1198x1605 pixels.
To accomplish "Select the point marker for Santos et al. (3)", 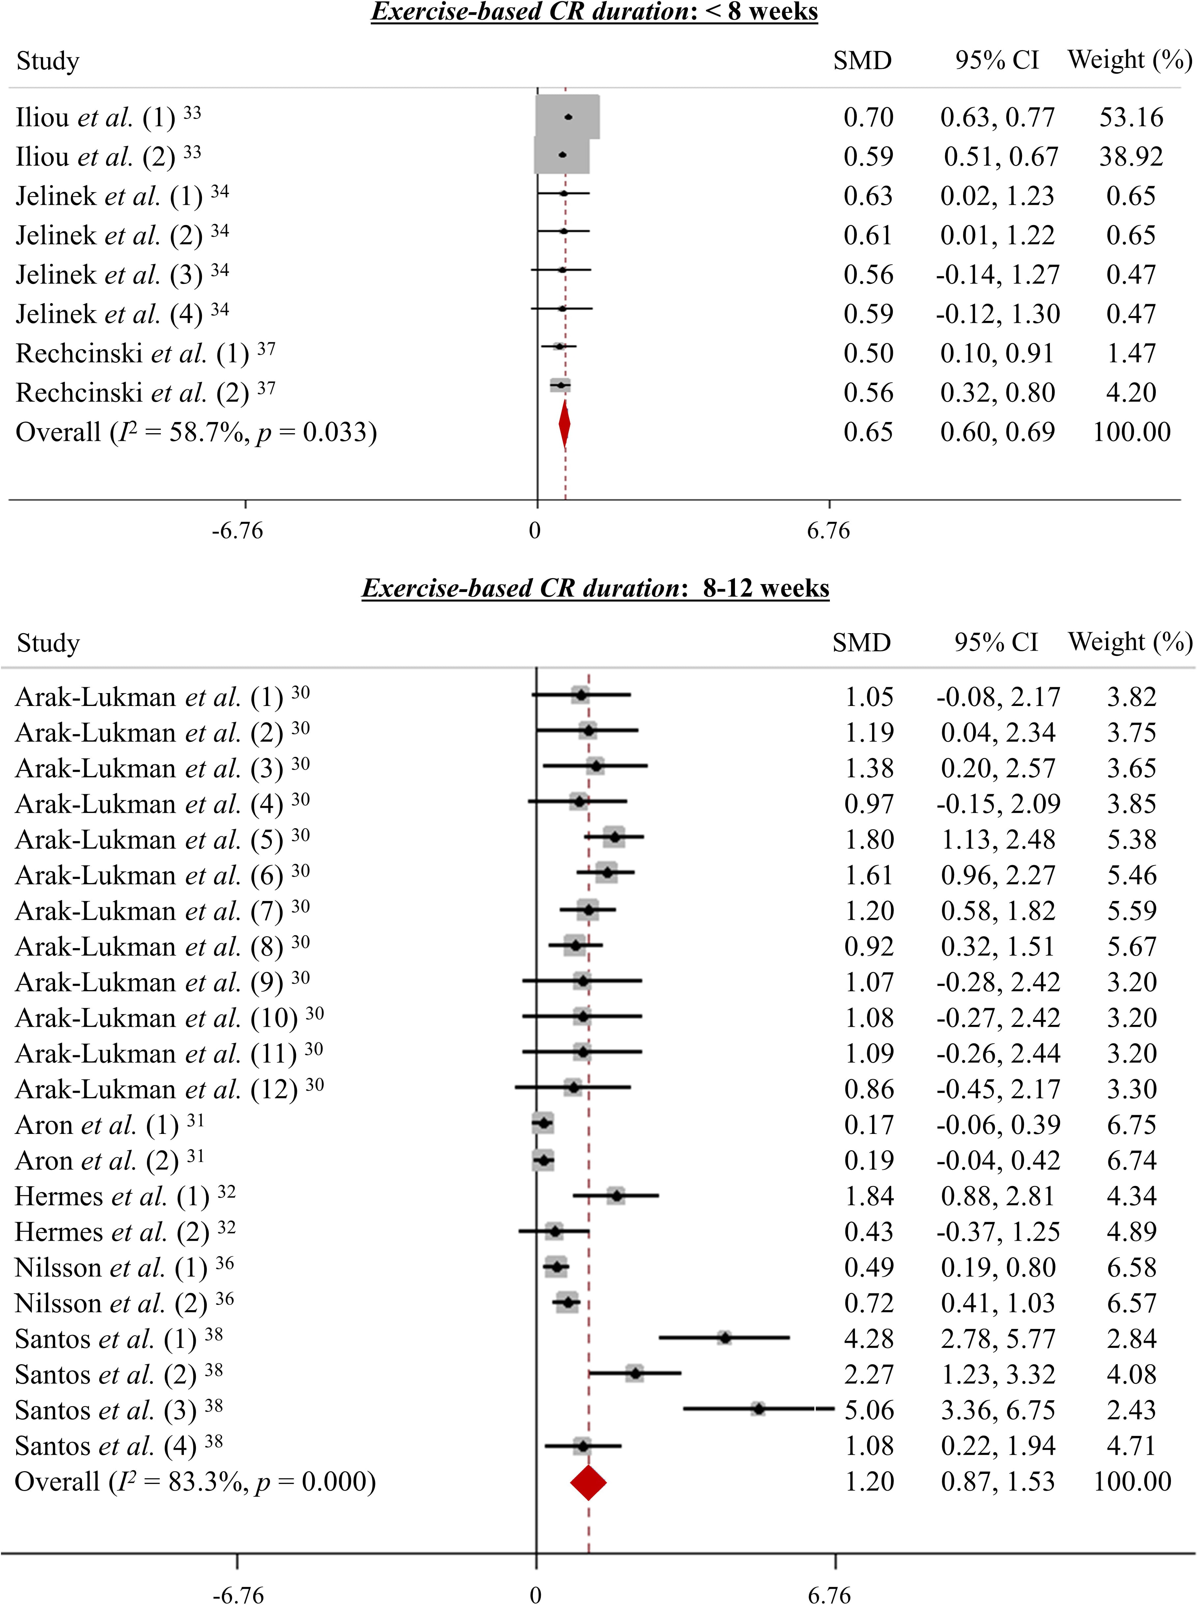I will coord(758,1409).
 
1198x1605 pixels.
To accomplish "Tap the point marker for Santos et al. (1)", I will coord(724,1337).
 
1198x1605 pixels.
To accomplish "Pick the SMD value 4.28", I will coord(869,1338).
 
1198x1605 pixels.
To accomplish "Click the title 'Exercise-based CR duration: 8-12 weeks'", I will coord(595,587).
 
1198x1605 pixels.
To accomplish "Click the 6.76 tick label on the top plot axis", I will coord(828,531).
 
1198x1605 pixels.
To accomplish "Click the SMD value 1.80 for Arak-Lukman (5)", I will coord(869,839).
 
